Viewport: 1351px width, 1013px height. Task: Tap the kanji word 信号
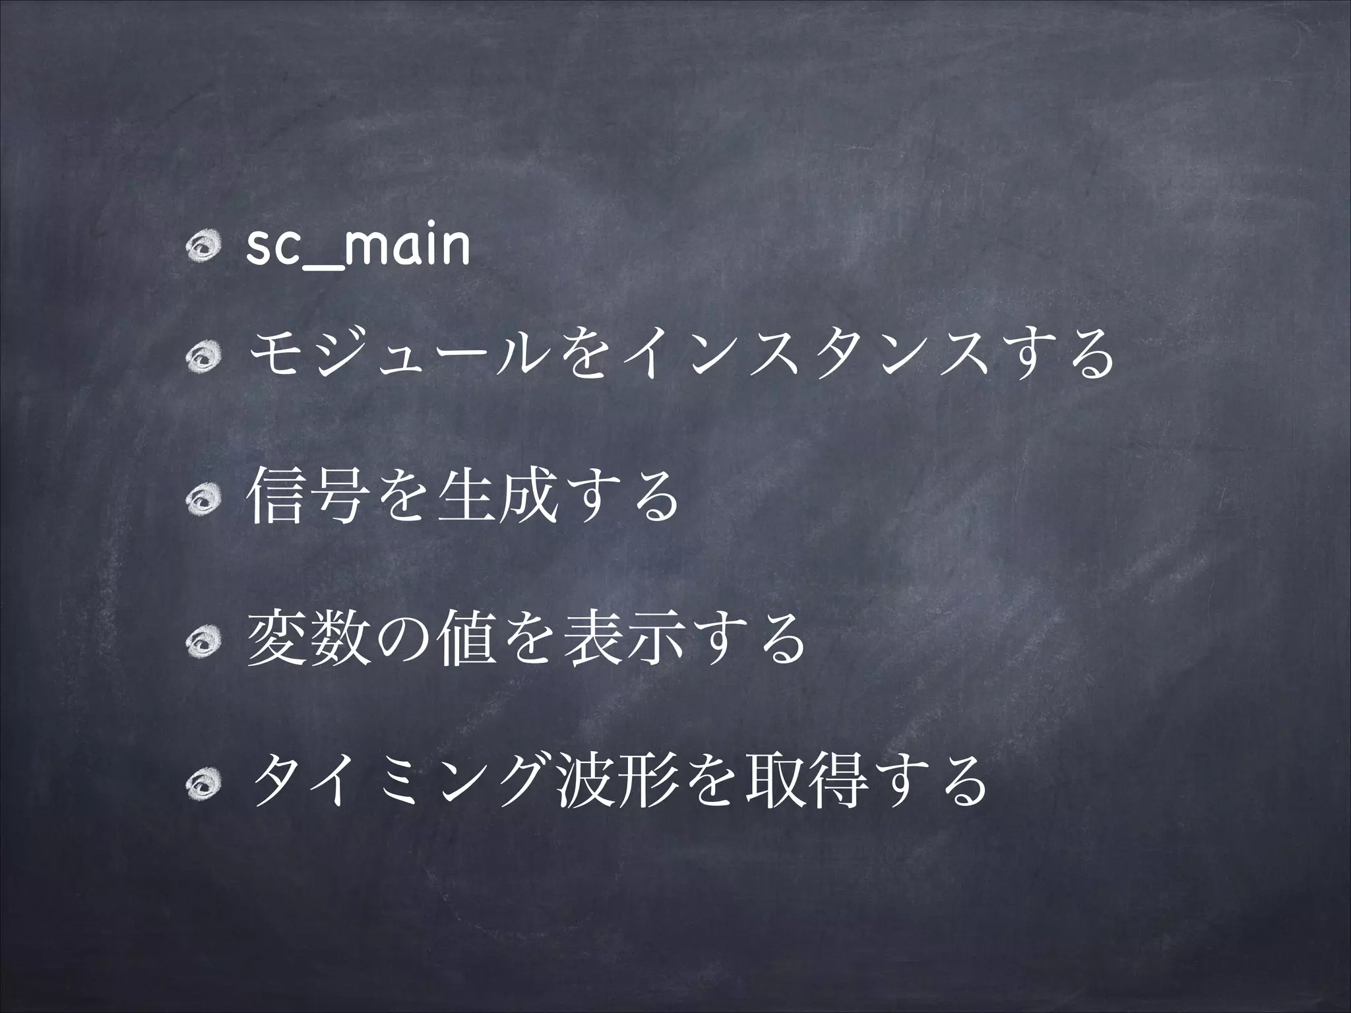(303, 497)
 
